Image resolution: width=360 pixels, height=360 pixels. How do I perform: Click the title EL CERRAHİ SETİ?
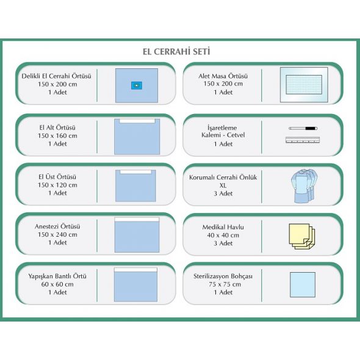(176, 52)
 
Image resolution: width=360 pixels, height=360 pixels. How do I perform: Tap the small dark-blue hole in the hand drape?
(137, 85)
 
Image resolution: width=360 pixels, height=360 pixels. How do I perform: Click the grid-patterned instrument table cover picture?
(304, 85)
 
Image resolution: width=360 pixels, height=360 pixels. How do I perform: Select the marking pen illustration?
(303, 128)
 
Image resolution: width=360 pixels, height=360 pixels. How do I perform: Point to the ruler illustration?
(303, 140)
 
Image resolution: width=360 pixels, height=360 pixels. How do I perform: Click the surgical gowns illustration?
(304, 185)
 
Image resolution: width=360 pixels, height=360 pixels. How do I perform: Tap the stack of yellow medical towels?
(302, 237)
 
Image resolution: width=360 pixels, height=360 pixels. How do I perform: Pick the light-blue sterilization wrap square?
(303, 285)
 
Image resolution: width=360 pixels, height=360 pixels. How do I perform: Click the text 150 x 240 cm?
(57, 234)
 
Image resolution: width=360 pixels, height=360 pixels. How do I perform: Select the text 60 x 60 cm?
(57, 284)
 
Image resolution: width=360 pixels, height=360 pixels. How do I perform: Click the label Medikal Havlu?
(223, 227)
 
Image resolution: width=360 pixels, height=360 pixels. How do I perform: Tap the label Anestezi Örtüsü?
(57, 226)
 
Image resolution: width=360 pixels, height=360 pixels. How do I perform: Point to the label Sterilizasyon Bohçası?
(223, 276)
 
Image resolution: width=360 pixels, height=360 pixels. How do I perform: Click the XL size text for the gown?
(223, 185)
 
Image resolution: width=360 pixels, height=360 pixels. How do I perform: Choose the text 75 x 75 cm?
(225, 284)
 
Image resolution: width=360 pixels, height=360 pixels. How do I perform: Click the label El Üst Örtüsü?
(57, 177)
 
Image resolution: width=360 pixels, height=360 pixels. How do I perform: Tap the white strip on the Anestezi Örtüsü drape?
(137, 220)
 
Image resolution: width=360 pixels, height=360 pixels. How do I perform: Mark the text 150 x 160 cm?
(57, 135)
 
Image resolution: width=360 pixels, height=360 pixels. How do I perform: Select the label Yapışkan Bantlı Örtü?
(57, 276)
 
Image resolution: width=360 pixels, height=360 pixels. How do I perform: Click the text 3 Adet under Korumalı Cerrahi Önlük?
(223, 193)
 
